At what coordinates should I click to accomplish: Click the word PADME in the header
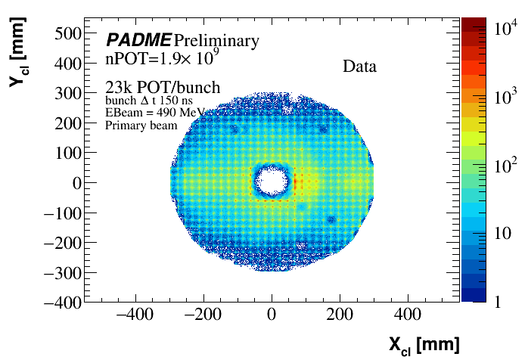pyautogui.click(x=138, y=40)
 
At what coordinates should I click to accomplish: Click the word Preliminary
pyautogui.click(x=216, y=41)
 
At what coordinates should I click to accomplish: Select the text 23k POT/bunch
pyautogui.click(x=163, y=88)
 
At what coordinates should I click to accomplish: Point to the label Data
pyautogui.click(x=359, y=67)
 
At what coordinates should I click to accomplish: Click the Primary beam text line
pyautogui.click(x=141, y=126)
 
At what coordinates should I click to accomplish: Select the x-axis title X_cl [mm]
pyautogui.click(x=424, y=344)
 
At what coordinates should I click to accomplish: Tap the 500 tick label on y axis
pyautogui.click(x=69, y=33)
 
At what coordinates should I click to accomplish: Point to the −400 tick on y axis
pyautogui.click(x=62, y=302)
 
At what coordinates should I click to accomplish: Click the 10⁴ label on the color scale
pyautogui.click(x=506, y=29)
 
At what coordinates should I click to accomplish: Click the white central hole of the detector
pyautogui.click(x=272, y=181)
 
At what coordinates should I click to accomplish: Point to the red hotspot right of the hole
pyautogui.click(x=297, y=182)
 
